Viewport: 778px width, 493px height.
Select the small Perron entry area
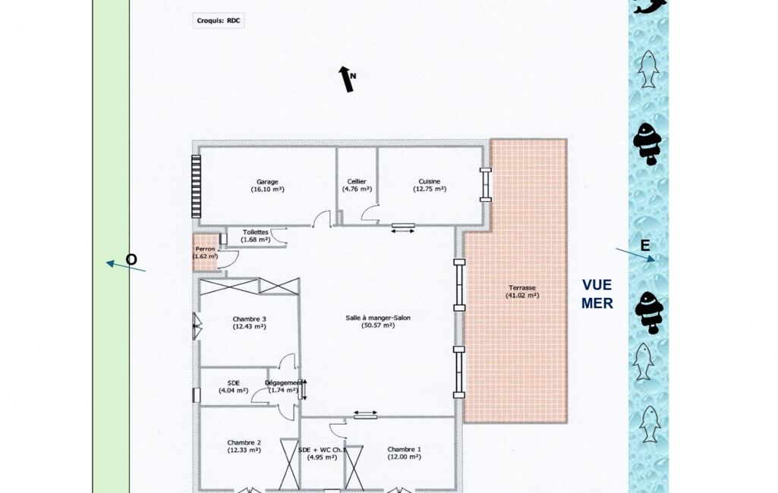205,253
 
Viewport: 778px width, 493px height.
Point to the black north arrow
346,79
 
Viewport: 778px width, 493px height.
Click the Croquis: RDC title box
219,20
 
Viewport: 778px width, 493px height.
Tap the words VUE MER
597,294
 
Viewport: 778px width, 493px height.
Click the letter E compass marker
645,246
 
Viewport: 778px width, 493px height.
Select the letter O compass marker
131,260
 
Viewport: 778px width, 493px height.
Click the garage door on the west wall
197,187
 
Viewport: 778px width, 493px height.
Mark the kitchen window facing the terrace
486,185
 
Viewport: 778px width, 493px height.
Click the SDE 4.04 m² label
233,387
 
